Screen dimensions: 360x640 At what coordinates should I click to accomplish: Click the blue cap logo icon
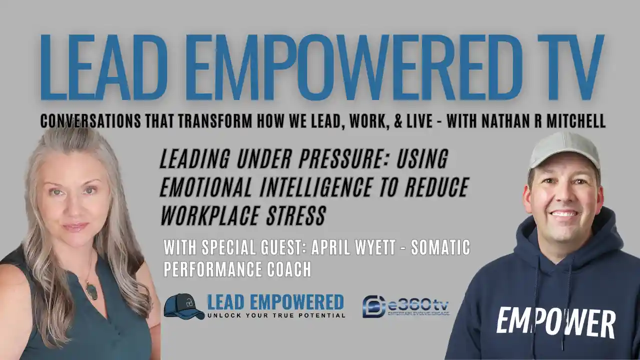click(183, 306)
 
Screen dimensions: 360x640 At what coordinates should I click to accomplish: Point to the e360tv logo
click(405, 306)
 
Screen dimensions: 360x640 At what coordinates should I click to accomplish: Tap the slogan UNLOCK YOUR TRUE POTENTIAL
click(276, 315)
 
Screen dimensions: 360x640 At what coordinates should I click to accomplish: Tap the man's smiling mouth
click(564, 213)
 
